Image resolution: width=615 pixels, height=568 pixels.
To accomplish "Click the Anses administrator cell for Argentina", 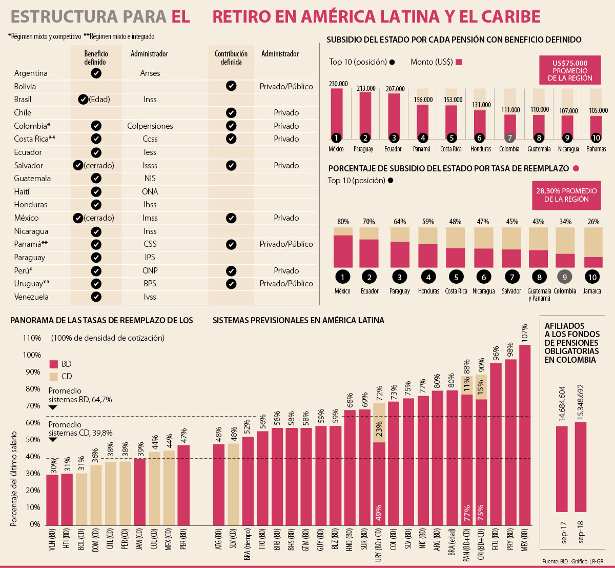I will tap(150, 73).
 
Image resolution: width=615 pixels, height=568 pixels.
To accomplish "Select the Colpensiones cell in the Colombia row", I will tap(150, 126).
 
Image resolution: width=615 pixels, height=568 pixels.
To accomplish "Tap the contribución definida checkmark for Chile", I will tap(231, 112).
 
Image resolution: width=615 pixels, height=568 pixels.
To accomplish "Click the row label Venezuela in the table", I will tap(31, 297).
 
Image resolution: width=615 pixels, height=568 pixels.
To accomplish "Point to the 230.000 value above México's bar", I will tap(338, 84).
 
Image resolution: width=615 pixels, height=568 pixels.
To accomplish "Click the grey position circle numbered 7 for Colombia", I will tap(509, 138).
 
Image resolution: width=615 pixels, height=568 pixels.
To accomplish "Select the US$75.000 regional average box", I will tap(570, 71).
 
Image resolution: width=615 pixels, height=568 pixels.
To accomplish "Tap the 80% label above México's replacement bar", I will tap(343, 222).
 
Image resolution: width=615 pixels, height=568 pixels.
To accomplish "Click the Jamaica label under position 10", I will tap(592, 291).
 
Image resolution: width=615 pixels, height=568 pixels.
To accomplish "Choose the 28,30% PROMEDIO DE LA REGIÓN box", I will tap(566, 195).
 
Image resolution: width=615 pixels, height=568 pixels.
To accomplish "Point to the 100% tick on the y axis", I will tap(32, 355).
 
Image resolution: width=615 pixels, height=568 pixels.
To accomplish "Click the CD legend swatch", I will tap(54, 376).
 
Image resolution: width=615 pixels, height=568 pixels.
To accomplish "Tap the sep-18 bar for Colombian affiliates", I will tap(581, 467).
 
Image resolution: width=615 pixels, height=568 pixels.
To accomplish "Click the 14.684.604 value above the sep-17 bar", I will tap(563, 405).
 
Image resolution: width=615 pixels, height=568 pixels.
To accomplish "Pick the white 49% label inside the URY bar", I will tap(379, 513).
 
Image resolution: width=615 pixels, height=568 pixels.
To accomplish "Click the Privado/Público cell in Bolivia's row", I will tap(286, 86).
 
